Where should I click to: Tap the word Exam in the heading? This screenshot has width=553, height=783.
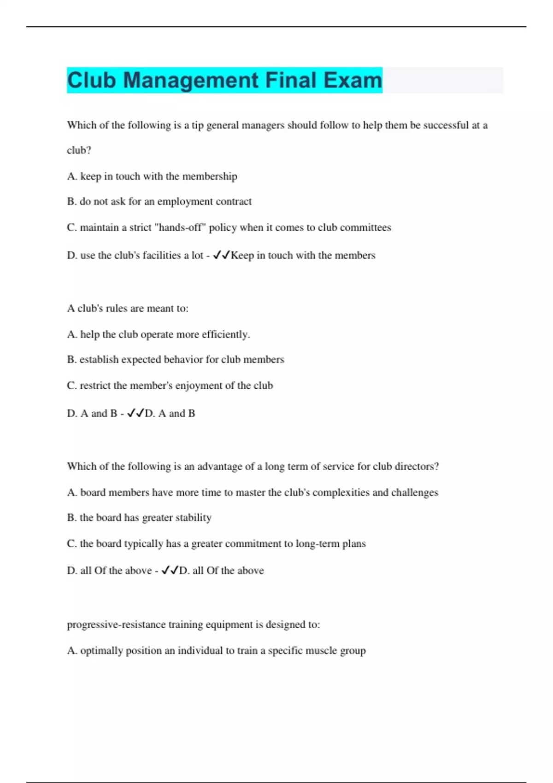(x=353, y=80)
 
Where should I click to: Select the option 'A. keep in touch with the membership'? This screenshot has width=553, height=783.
(x=152, y=176)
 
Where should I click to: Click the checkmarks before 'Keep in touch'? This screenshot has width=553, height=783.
(x=221, y=255)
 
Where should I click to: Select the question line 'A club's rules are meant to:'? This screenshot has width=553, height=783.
(x=128, y=309)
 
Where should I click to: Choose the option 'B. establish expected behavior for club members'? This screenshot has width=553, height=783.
(x=176, y=360)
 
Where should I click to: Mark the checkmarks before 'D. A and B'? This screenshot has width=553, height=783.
(x=135, y=413)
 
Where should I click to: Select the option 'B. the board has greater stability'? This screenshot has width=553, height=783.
(x=139, y=518)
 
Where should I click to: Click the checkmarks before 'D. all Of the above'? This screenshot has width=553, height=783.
(x=170, y=570)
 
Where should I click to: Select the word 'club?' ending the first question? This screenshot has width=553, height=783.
(x=79, y=151)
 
